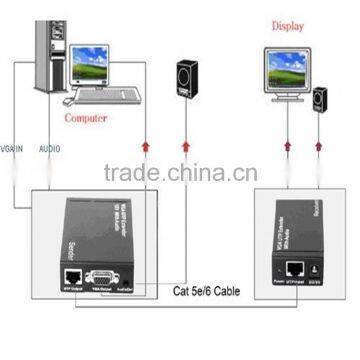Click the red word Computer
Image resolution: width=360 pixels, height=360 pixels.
(x=86, y=116)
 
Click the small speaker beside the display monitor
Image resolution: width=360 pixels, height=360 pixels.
(x=319, y=100)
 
